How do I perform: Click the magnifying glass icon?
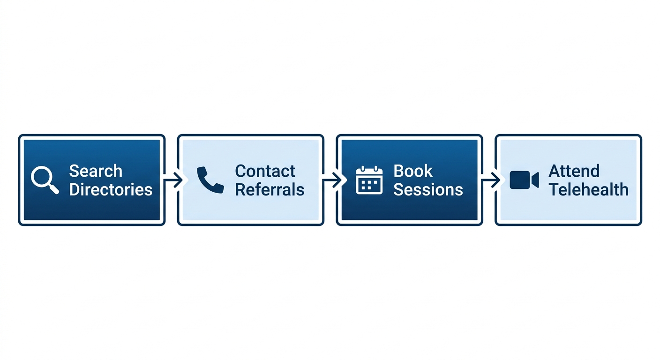click(45, 180)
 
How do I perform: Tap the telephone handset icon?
click(210, 180)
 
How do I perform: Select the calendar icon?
click(369, 180)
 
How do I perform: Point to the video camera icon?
click(524, 180)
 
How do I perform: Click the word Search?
click(96, 171)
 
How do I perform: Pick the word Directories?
click(111, 189)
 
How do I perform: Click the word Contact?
click(265, 171)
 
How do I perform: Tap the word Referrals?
click(270, 189)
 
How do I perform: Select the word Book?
click(413, 171)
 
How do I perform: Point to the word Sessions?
click(428, 189)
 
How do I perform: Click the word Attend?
click(574, 171)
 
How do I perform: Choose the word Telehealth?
click(588, 189)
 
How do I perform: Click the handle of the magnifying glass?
click(53, 189)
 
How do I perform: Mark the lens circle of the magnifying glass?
click(41, 176)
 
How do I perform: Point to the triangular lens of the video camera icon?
click(535, 180)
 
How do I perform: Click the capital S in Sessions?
click(399, 189)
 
